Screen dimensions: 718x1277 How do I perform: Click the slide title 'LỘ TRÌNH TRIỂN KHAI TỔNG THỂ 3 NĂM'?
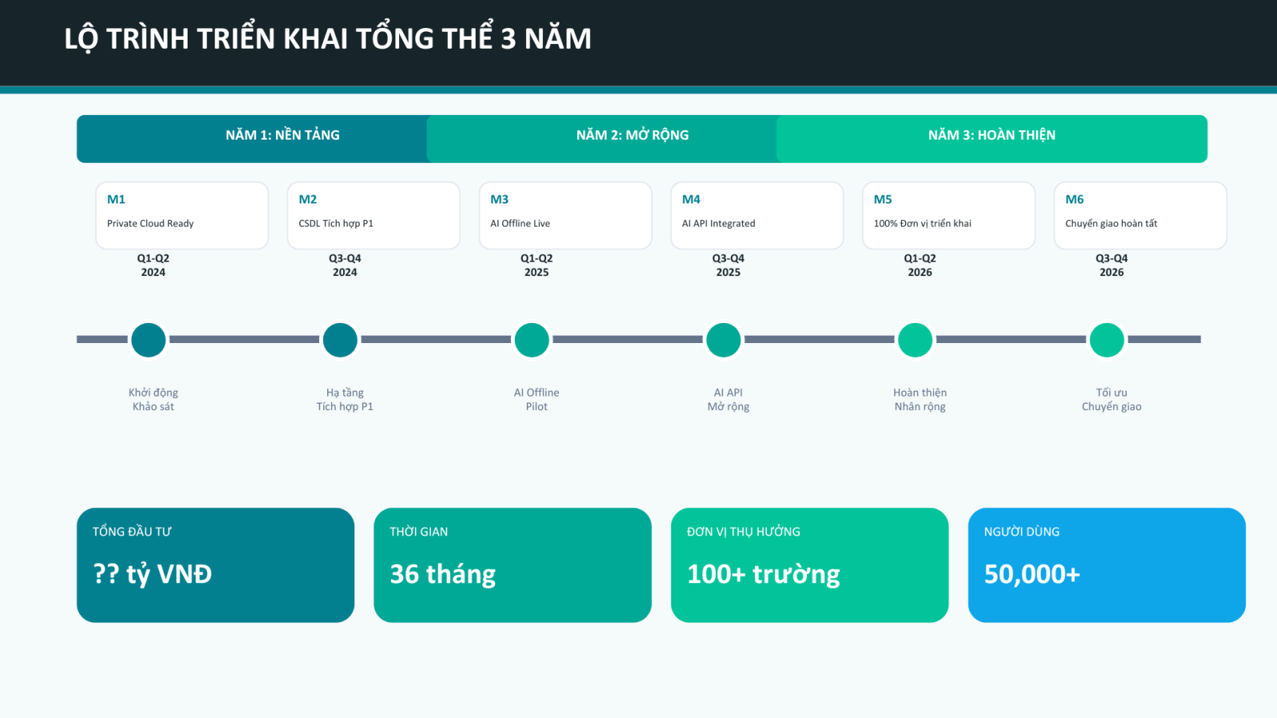(327, 38)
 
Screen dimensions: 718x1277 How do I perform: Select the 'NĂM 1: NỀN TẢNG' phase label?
(283, 136)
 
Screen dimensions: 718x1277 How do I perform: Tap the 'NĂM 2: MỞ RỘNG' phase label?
(632, 136)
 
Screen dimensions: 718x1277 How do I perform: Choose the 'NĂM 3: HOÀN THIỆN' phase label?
(991, 136)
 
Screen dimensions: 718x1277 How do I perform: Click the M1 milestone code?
(117, 199)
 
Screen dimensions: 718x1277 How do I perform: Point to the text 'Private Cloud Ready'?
(150, 223)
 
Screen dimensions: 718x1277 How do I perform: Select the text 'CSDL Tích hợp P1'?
(336, 223)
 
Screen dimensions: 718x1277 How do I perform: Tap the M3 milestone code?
(500, 199)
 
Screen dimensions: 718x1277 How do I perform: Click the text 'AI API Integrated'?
(718, 223)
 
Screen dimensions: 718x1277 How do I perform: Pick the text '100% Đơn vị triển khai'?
(923, 223)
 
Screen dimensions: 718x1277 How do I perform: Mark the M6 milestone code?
(1074, 199)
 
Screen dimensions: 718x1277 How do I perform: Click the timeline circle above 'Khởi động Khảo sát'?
(148, 340)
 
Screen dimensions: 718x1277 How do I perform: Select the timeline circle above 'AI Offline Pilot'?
(532, 340)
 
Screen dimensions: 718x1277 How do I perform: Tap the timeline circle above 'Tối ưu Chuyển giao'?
(1107, 340)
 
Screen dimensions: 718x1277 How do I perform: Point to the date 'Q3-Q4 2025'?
(728, 265)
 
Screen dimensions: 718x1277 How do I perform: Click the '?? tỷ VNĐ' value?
(152, 574)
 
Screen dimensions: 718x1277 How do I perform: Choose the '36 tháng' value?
(443, 574)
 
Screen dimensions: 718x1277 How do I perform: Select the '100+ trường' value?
(764, 574)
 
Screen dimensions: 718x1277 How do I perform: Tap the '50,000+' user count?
(1032, 574)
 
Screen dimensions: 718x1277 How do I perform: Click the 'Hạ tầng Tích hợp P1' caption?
(345, 400)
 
